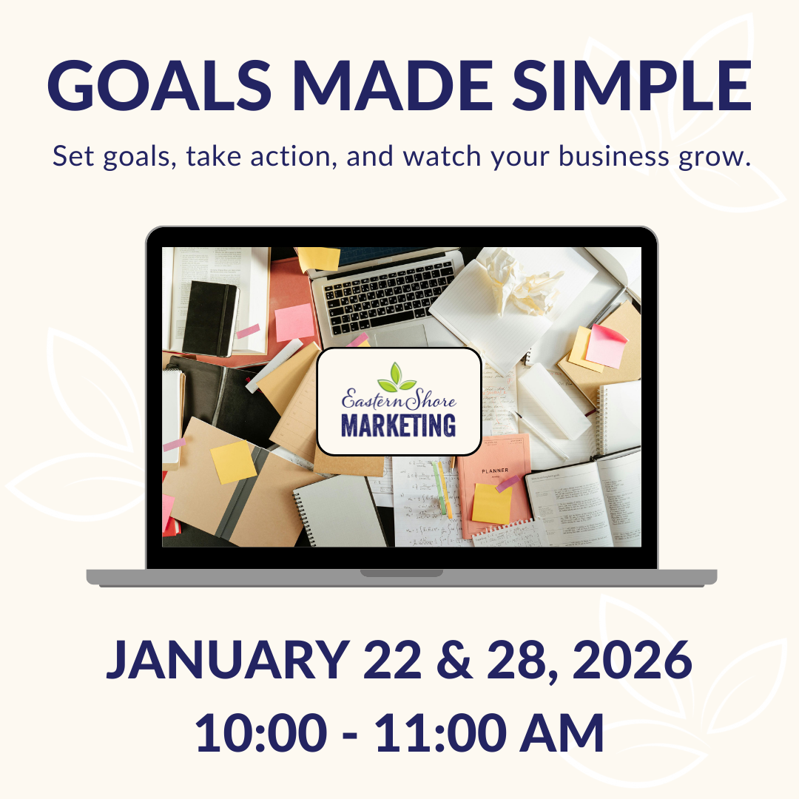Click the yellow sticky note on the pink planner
pos(491,503)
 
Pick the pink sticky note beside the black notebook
pos(294,323)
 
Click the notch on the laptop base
pos(401,573)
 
